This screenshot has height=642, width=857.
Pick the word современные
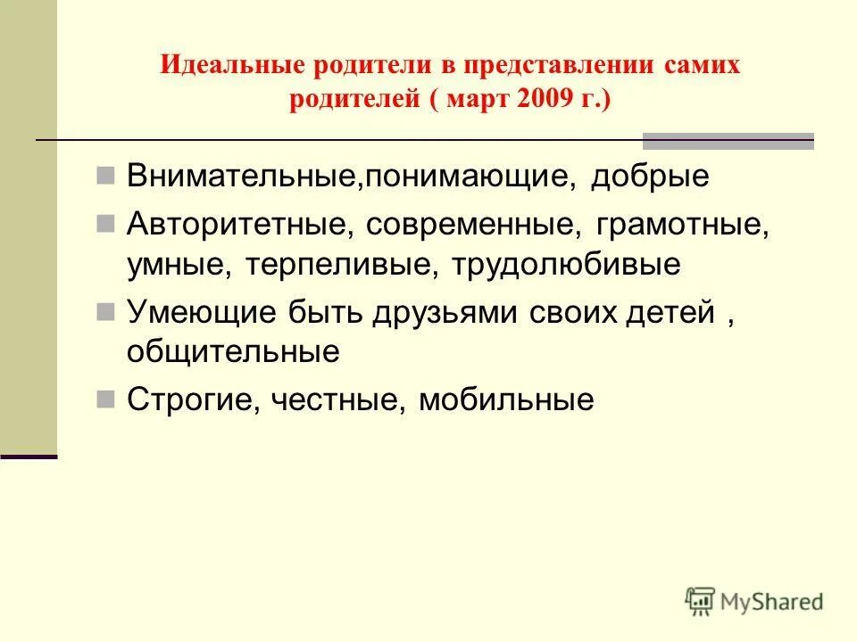pyautogui.click(x=466, y=222)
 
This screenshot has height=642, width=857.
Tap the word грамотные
pyautogui.click(x=677, y=222)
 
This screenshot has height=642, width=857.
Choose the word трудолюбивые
pyautogui.click(x=566, y=264)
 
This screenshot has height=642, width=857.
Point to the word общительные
pyautogui.click(x=233, y=352)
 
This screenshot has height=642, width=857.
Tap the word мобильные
pyautogui.click(x=506, y=399)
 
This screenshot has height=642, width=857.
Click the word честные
pyautogui.click(x=339, y=399)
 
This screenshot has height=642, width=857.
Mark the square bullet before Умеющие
pyautogui.click(x=105, y=311)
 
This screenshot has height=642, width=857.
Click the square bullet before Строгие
pyautogui.click(x=105, y=399)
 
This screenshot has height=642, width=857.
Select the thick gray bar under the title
pyautogui.click(x=728, y=140)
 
